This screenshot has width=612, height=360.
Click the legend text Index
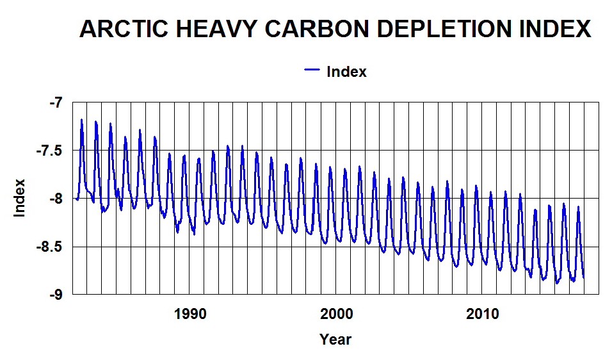pyautogui.click(x=346, y=72)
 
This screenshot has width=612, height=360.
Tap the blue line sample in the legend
pyautogui.click(x=312, y=71)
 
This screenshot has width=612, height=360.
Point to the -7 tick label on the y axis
pyautogui.click(x=57, y=102)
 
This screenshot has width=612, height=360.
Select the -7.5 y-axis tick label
pyautogui.click(x=52, y=151)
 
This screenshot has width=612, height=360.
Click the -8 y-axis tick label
pyautogui.click(x=57, y=199)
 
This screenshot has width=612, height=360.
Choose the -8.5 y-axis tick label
pyautogui.click(x=52, y=247)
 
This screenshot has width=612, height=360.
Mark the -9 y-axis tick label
pyautogui.click(x=57, y=295)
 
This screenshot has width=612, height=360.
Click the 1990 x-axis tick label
pyautogui.click(x=189, y=314)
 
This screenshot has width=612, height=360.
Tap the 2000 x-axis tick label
pyautogui.click(x=336, y=314)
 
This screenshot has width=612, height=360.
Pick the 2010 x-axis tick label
pyautogui.click(x=482, y=314)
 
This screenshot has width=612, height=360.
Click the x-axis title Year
pyautogui.click(x=335, y=339)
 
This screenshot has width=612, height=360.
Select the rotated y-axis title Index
pyautogui.click(x=20, y=198)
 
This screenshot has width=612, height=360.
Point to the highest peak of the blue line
pyautogui.click(x=82, y=120)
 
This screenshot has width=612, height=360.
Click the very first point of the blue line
pyautogui.click(x=76, y=199)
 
